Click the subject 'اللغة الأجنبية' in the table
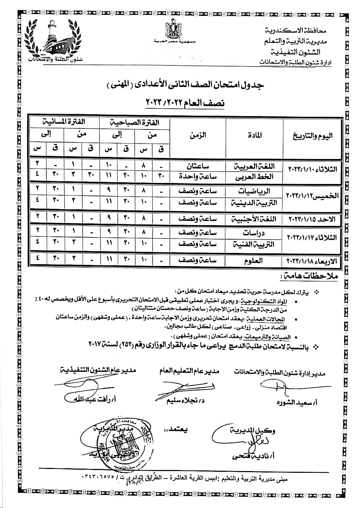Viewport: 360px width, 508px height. click(254, 219)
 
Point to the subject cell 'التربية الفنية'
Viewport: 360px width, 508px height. click(254, 244)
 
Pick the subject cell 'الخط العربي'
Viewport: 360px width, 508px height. click(254, 177)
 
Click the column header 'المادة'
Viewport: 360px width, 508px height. click(255, 135)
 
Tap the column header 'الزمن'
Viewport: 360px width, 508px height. click(198, 135)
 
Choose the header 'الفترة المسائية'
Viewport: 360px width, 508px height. click(64, 122)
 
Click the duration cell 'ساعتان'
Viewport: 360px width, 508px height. click(198, 165)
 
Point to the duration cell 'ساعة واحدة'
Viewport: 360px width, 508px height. click(198, 177)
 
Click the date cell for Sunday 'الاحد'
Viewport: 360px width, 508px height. click(312, 219)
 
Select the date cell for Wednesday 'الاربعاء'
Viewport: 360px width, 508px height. click(312, 261)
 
